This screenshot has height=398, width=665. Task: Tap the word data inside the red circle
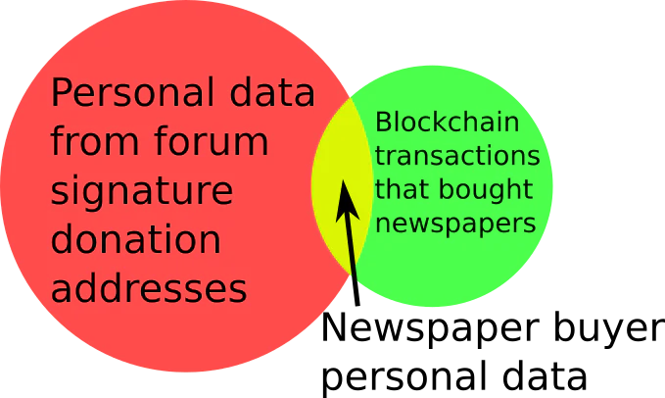pos(272,91)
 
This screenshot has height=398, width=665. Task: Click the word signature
pos(142,191)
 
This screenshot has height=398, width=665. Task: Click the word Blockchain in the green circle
pos(447,122)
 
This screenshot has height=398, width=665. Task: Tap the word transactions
pos(457,156)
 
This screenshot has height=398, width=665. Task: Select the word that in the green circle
pos(403,188)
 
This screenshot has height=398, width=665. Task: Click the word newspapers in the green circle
pos(455,224)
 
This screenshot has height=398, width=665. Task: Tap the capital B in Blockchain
pos(383,123)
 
